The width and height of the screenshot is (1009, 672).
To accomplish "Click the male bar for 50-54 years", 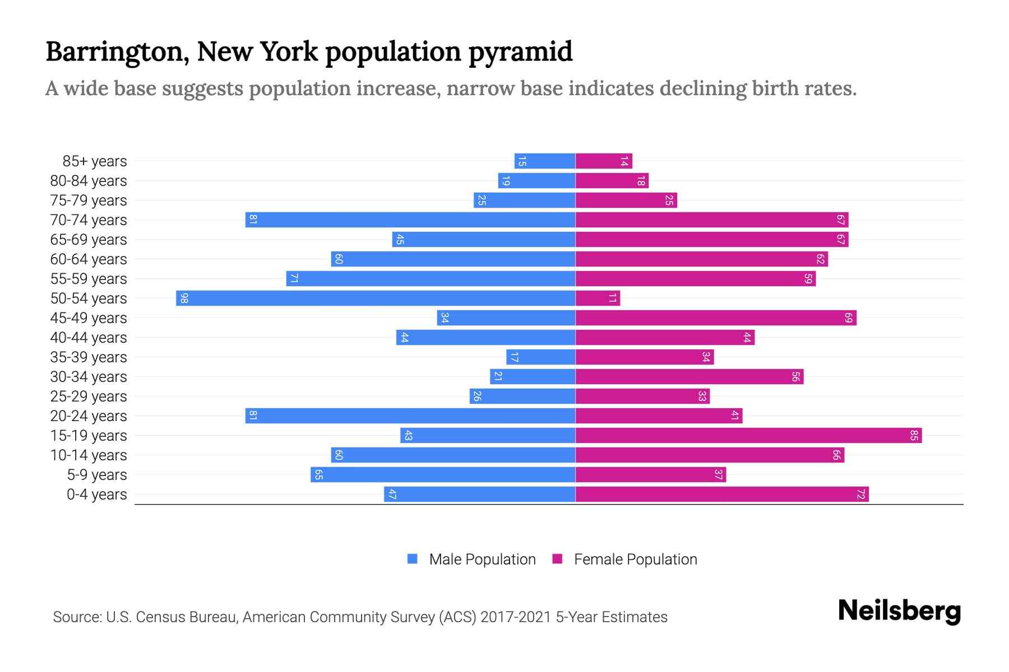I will [376, 298].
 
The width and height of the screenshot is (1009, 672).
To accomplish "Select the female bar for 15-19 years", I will [748, 435].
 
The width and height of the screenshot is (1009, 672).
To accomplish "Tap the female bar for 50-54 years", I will [598, 298].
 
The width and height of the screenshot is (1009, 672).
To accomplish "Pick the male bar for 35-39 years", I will [541, 357].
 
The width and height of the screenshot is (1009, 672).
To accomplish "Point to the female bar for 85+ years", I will [604, 161].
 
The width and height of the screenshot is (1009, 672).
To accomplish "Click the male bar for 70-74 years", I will [410, 220].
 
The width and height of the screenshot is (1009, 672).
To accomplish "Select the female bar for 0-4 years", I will [722, 494].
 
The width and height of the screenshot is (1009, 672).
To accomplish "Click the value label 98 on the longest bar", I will [184, 298].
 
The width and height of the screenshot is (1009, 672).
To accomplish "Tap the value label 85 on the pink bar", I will [914, 435].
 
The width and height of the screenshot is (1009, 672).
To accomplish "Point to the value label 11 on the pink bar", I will [612, 298].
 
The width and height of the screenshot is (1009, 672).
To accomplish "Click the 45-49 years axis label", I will [89, 318].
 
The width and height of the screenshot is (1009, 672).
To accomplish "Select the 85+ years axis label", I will [95, 161].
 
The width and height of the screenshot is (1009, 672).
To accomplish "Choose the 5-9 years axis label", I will [97, 474].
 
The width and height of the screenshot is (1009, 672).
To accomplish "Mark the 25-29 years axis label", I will [89, 396].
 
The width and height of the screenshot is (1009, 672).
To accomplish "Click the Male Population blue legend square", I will [413, 559].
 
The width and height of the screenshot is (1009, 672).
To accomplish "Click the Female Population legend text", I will [635, 559].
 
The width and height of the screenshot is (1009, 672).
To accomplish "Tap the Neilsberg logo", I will [899, 610].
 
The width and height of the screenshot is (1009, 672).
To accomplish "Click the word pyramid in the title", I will [520, 52].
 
